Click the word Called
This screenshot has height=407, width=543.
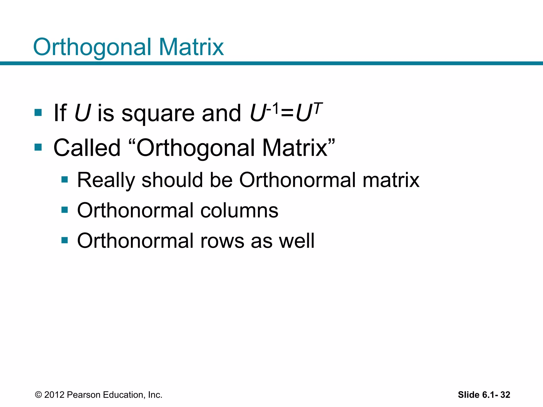pyautogui.click(x=87, y=148)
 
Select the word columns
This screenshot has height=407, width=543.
pyautogui.click(x=239, y=211)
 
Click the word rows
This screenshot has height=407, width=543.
pyautogui.click(x=222, y=241)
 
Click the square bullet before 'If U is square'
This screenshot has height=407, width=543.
pyautogui.click(x=38, y=113)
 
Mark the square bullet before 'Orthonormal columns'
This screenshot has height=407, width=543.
pyautogui.click(x=64, y=210)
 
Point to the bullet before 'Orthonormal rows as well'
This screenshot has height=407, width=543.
pyautogui.click(x=64, y=240)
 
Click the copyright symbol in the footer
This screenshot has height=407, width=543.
pyautogui.click(x=38, y=395)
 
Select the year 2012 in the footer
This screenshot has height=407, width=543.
pyautogui.click(x=54, y=395)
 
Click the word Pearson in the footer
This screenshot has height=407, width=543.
pyautogui.click(x=84, y=395)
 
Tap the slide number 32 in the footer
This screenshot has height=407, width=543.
pyautogui.click(x=505, y=395)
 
